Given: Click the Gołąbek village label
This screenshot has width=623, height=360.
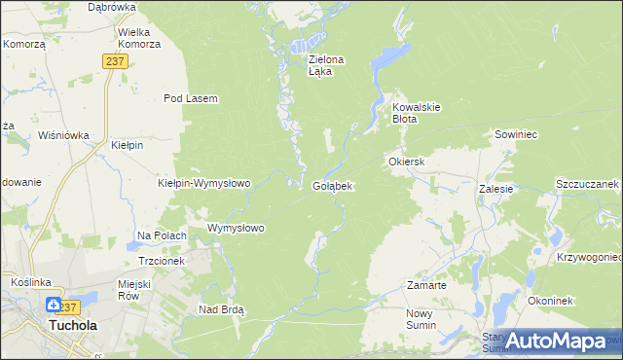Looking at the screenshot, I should (x=332, y=185).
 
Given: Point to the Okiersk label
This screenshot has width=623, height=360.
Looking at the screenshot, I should (x=407, y=162).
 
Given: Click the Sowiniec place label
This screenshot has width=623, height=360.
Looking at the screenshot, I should (x=517, y=134).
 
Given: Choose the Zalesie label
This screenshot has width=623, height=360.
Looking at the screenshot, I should (x=495, y=189).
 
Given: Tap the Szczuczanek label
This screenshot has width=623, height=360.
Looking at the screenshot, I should (x=588, y=184).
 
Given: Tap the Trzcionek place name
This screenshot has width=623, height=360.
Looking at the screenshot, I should (x=162, y=261).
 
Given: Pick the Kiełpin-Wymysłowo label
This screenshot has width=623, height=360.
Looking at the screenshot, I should (x=204, y=183).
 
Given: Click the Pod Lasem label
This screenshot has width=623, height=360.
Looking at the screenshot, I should (x=190, y=98).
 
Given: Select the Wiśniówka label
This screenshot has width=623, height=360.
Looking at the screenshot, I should (x=64, y=136).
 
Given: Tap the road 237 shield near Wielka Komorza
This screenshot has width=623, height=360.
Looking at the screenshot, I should (x=115, y=60).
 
